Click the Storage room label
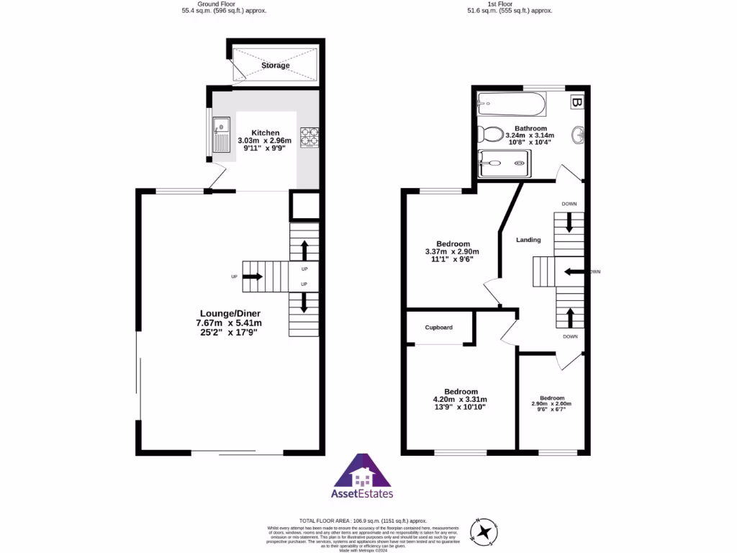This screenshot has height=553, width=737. click(275, 66)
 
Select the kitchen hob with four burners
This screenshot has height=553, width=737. click(309, 137)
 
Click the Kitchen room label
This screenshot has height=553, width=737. click(265, 133)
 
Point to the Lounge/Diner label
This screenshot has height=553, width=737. click(230, 314)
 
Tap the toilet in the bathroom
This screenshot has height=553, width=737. click(493, 134)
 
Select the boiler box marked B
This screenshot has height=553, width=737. click(576, 103)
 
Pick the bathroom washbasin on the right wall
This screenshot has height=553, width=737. click(579, 134)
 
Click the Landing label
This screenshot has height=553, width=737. click(528, 240)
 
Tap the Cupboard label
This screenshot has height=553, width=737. click(438, 328)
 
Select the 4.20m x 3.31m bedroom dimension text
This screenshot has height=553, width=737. click(459, 400)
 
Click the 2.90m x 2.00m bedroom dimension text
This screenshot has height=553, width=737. click(551, 404)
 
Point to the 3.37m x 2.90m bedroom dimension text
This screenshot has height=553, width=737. click(452, 251)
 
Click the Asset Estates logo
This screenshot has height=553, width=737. click(362, 477)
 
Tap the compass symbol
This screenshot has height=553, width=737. click(483, 531)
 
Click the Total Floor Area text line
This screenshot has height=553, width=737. click(363, 521)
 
